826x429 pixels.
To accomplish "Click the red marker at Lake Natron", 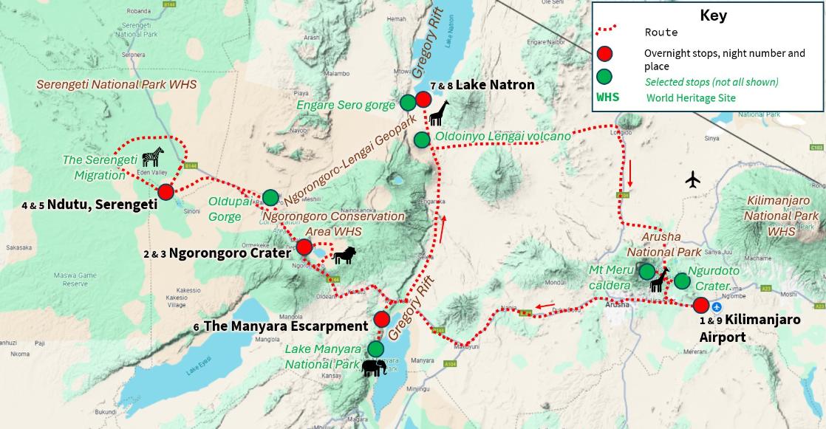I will pos(423,99).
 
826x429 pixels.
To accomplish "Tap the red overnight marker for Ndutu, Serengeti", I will pos(166,192).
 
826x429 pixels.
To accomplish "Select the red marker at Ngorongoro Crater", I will pos(304,247).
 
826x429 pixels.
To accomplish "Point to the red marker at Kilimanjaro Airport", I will pos(700,304).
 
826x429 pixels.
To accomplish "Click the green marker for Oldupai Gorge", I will pos(271,197).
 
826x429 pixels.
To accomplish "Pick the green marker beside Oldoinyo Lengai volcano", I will pos(421,140).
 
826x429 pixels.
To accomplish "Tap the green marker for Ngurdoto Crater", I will pos(682,281).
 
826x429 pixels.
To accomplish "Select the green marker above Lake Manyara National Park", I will pos(376,348).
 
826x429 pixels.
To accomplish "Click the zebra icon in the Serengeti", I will pos(153,157).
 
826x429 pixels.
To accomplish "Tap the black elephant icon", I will pos(373,367).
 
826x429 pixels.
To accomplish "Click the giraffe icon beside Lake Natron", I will pos(439,114).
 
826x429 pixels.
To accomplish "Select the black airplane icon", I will pos(692,179).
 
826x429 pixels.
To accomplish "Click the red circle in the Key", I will pos(605,53).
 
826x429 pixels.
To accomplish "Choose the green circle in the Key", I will pos(605,76).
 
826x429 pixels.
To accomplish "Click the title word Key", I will pos(713,16).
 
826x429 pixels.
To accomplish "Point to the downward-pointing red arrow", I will pos(630,174).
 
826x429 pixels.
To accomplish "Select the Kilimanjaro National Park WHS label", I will pos(782,216).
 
